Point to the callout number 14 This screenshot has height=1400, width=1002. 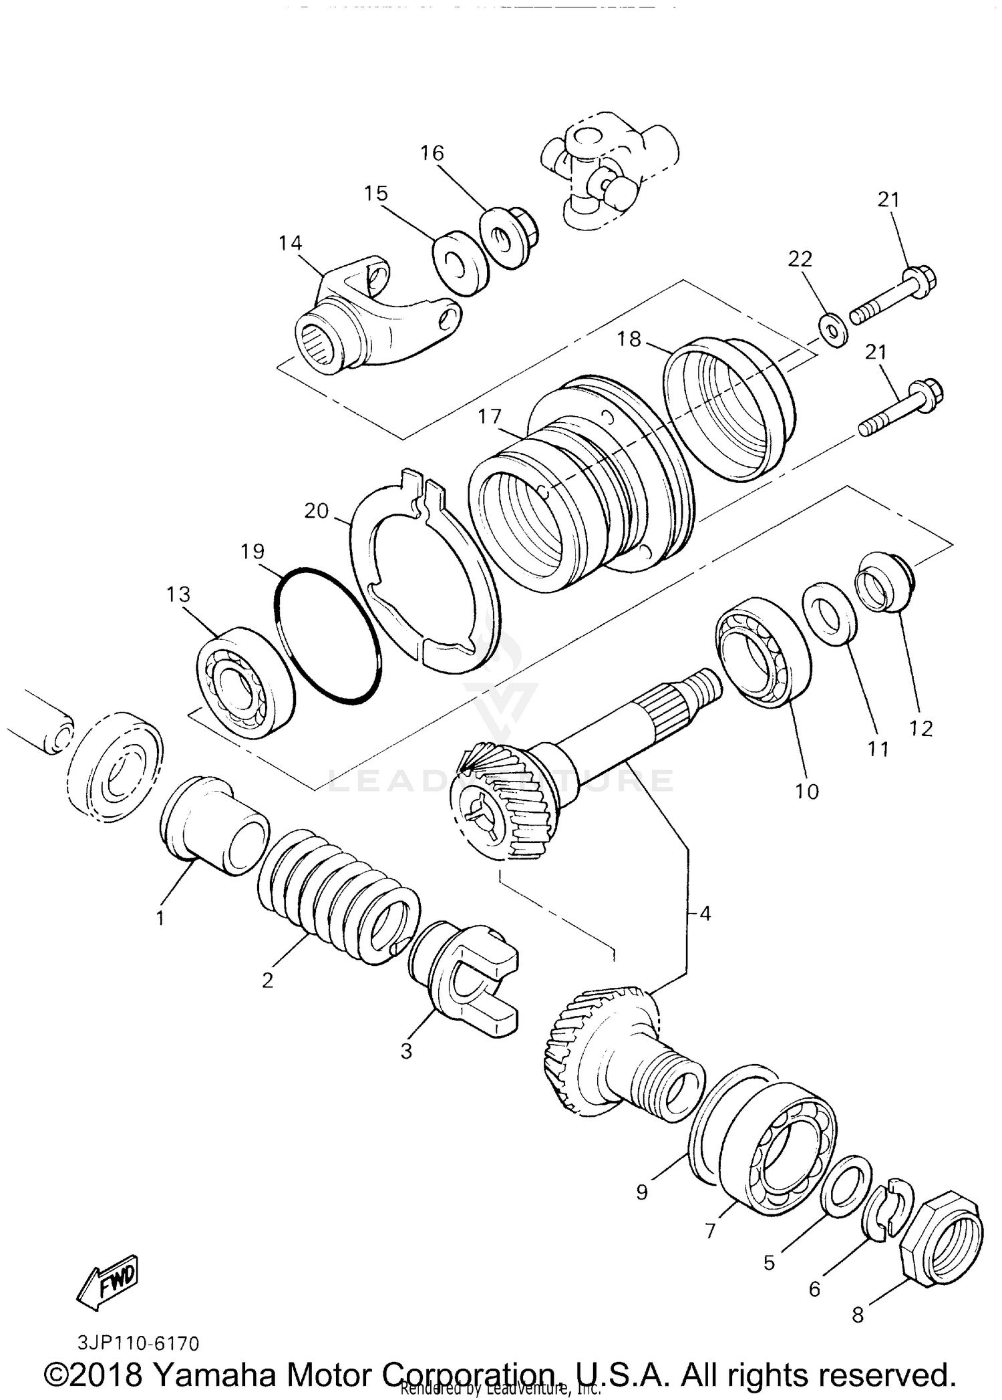click(x=291, y=243)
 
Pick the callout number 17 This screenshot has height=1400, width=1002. click(x=489, y=417)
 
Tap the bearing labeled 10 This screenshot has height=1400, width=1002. click(x=763, y=651)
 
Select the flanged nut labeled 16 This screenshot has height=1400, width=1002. click(x=509, y=236)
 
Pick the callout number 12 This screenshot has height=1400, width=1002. click(x=921, y=728)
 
